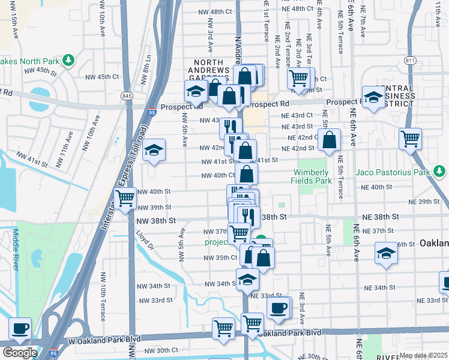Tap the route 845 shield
coord(127,96)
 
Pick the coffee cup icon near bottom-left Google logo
coord(20,328)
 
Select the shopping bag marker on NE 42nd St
coord(330,140)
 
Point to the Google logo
coord(20,353)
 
